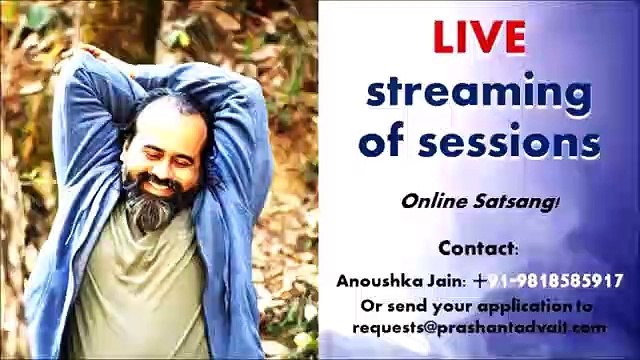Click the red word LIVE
480,38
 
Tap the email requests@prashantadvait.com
478,327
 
